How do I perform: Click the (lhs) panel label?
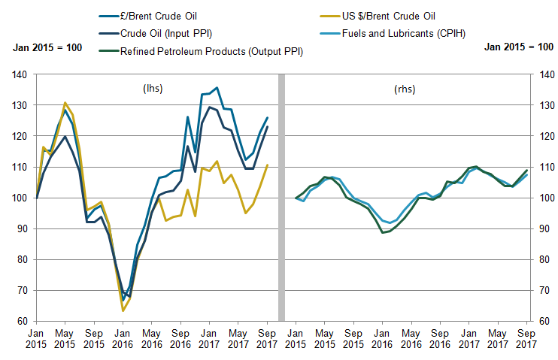point(153,88)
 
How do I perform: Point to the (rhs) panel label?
point(404,88)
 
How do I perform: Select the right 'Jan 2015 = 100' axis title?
point(519,47)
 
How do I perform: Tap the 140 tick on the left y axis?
point(20,74)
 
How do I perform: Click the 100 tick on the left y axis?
point(20,198)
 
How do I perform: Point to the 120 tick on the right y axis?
point(540,136)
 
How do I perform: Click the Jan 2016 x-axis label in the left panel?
point(123,338)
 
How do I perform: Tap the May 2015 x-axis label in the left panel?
point(65,338)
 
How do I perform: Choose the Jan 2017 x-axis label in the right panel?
point(468,338)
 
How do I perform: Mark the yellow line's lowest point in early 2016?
point(123,310)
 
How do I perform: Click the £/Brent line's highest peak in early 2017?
point(217,88)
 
